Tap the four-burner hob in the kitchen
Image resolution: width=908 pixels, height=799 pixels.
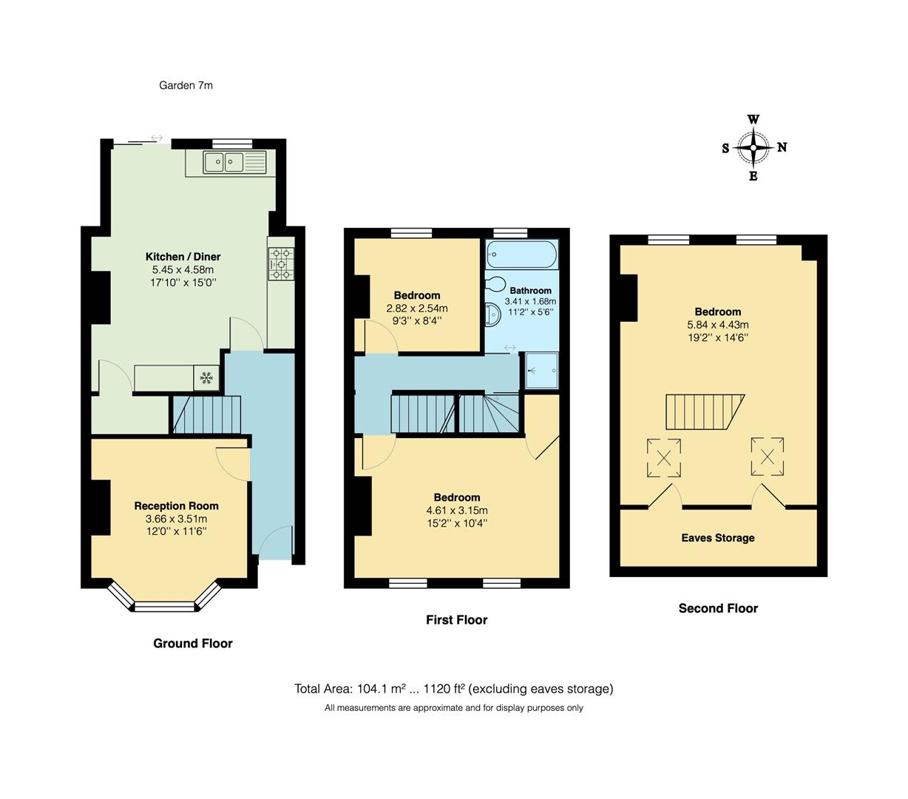(281, 263)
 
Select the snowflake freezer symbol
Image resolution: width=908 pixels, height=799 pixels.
(206, 378)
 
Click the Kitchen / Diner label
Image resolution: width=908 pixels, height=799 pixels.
(183, 257)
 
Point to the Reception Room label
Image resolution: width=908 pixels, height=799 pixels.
(176, 506)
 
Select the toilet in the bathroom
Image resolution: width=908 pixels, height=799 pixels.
(495, 284)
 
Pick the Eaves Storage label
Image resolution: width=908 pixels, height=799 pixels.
(718, 538)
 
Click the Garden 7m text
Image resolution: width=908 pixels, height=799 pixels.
(186, 85)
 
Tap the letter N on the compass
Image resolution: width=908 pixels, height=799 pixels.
(782, 147)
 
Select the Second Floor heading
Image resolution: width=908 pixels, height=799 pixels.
(718, 608)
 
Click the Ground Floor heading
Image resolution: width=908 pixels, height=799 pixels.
(192, 644)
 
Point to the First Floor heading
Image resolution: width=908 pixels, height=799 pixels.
(456, 620)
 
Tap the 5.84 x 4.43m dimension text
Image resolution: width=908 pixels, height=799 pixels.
(717, 325)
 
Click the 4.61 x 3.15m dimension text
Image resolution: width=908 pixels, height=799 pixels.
(457, 510)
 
